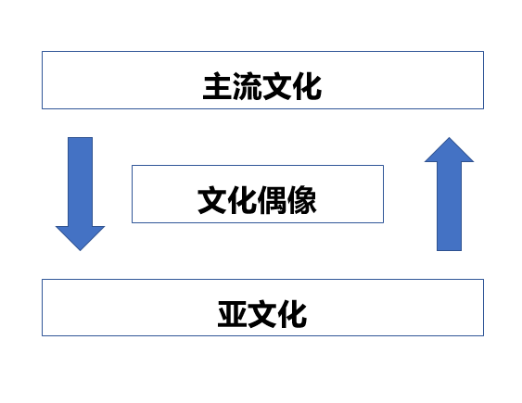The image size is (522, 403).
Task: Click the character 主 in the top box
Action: click(x=217, y=86)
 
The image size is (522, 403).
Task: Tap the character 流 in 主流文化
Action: click(x=248, y=86)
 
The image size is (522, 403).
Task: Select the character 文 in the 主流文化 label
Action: click(x=277, y=86)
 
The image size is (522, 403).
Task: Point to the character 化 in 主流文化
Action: click(x=307, y=86)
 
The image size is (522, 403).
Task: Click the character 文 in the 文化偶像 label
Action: click(x=212, y=200)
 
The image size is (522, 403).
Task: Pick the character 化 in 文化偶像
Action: click(x=242, y=200)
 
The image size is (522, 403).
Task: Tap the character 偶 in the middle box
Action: click(x=272, y=200)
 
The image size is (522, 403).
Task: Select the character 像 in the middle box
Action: click(x=301, y=200)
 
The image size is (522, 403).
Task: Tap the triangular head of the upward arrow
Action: click(x=449, y=150)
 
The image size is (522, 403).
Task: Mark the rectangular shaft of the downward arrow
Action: click(x=81, y=182)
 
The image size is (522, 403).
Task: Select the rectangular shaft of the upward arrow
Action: click(x=449, y=207)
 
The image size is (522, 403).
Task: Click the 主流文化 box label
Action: click(x=262, y=86)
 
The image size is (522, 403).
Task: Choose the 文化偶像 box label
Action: click(x=257, y=200)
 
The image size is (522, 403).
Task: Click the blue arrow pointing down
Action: click(x=81, y=194)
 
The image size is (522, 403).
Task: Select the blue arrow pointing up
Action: click(x=449, y=194)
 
